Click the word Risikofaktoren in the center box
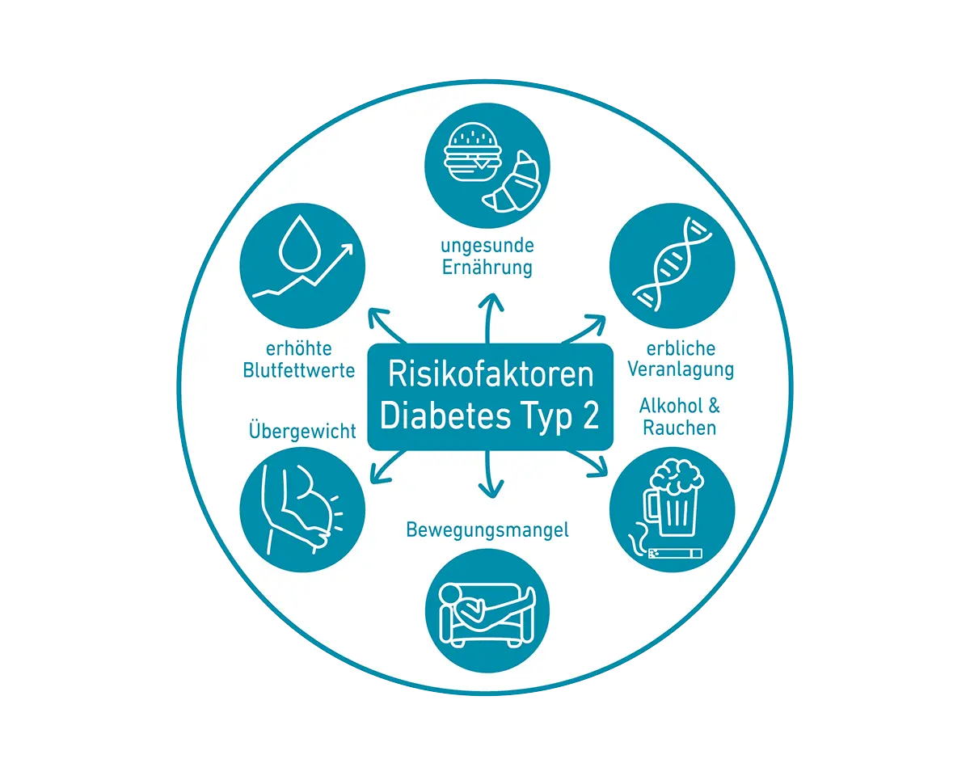tap(491, 374)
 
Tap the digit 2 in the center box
tap(590, 415)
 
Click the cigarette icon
tap(670, 553)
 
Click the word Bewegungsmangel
tap(487, 530)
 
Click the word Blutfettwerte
tap(299, 370)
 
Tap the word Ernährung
tap(487, 268)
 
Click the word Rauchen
tap(679, 428)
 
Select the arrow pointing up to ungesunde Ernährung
tap(487, 315)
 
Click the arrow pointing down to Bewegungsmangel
tap(487, 478)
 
